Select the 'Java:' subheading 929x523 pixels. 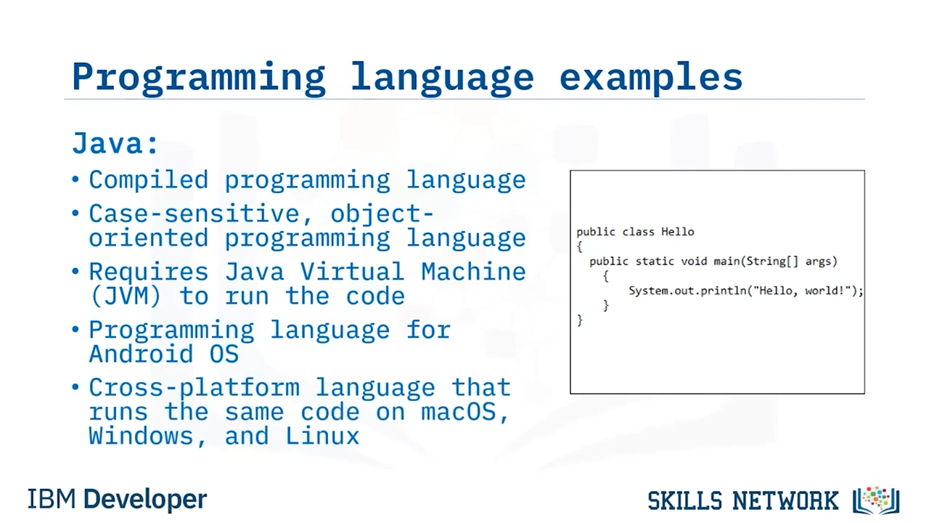115,144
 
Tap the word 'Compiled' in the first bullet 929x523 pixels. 149,180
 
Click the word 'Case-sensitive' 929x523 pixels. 195,214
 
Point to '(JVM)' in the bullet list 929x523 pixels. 126,296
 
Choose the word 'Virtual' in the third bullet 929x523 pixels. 352,272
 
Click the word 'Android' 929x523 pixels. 141,354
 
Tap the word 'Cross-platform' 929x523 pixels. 194,387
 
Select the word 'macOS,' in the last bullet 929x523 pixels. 465,412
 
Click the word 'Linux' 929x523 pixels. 322,437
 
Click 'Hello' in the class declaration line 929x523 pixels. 677,232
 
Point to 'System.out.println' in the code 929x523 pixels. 687,291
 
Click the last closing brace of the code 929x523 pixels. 580,320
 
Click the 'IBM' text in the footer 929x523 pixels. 52,499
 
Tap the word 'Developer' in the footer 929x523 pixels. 145,500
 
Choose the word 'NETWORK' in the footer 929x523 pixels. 785,501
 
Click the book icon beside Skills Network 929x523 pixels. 876,500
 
